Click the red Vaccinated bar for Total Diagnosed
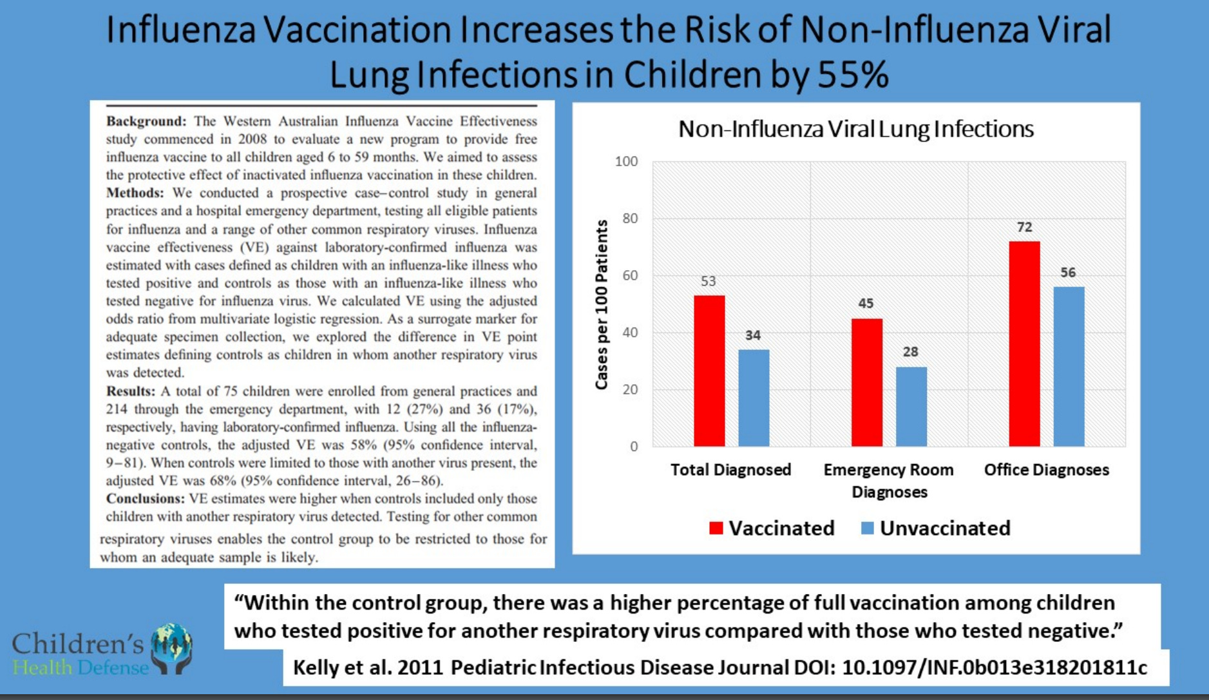tap(709, 371)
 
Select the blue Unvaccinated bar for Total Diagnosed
tap(754, 398)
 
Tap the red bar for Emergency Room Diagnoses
tap(867, 382)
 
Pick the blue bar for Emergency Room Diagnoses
tap(911, 407)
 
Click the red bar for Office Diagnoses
tap(1024, 344)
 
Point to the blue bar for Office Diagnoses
tap(1069, 367)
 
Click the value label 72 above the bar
tap(1024, 227)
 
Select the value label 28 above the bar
tap(910, 352)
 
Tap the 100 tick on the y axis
tap(626, 161)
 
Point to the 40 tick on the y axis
tap(630, 333)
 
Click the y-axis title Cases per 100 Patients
tap(602, 304)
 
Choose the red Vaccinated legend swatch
tap(716, 529)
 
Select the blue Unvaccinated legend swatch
tap(868, 529)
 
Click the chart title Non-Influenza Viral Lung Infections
tap(856, 129)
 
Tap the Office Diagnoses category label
tap(1047, 470)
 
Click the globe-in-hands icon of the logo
tap(171, 648)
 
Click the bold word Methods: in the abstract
tap(135, 193)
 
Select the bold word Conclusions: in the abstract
tap(146, 499)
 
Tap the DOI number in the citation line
tap(995, 667)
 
